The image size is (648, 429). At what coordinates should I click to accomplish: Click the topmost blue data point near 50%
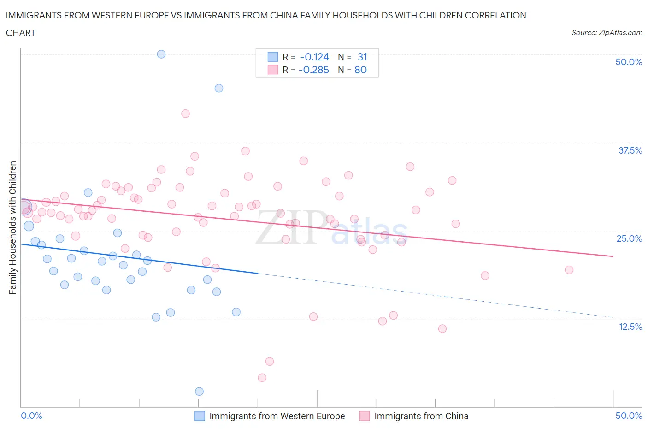[x=161, y=54]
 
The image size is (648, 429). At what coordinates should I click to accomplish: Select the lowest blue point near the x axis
[x=199, y=391]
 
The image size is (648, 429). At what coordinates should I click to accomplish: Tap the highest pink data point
[x=185, y=113]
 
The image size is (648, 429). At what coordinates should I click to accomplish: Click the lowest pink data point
[x=262, y=377]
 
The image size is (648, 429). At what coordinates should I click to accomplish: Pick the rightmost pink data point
[x=569, y=270]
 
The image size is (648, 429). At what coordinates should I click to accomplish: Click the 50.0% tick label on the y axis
[x=629, y=62]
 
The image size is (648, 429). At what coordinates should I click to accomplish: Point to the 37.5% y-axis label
[x=630, y=150]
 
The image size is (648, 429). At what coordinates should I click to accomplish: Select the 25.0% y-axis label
[x=629, y=238]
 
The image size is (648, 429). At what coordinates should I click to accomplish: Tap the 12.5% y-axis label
[x=630, y=327]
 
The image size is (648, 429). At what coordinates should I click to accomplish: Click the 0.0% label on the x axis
[x=31, y=416]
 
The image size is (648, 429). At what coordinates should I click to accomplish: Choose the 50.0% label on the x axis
[x=629, y=416]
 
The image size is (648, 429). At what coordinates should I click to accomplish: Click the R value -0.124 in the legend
[x=314, y=57]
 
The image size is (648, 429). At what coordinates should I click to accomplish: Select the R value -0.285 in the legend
[x=313, y=70]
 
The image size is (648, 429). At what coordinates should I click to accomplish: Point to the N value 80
[x=360, y=70]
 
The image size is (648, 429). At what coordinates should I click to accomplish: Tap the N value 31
[x=362, y=57]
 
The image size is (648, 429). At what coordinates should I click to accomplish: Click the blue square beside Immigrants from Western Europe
[x=200, y=416]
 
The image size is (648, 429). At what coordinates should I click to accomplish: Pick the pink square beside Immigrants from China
[x=365, y=416]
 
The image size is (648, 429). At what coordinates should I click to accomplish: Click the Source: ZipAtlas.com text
[x=607, y=32]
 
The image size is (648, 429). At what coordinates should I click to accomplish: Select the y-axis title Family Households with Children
[x=13, y=227]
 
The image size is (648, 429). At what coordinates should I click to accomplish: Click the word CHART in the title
[x=21, y=33]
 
